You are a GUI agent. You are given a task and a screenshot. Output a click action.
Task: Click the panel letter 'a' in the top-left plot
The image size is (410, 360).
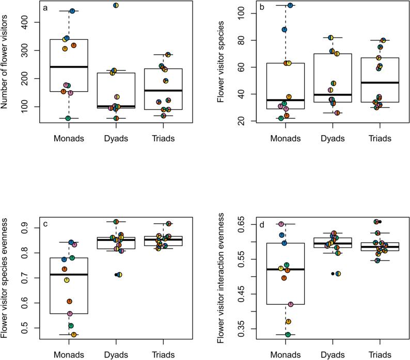point(46,9)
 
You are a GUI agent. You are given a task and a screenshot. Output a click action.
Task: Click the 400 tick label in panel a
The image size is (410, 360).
point(28,23)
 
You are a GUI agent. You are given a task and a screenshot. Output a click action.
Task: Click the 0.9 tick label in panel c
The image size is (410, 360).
point(28,228)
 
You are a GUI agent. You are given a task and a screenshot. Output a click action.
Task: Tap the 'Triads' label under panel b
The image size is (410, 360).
point(379,138)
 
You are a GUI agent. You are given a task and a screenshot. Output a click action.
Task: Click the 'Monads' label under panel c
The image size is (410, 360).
point(69,355)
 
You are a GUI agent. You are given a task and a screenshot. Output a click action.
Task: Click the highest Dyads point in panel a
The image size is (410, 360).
point(116,5)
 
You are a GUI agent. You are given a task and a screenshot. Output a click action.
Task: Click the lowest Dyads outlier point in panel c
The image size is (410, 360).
point(119,275)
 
